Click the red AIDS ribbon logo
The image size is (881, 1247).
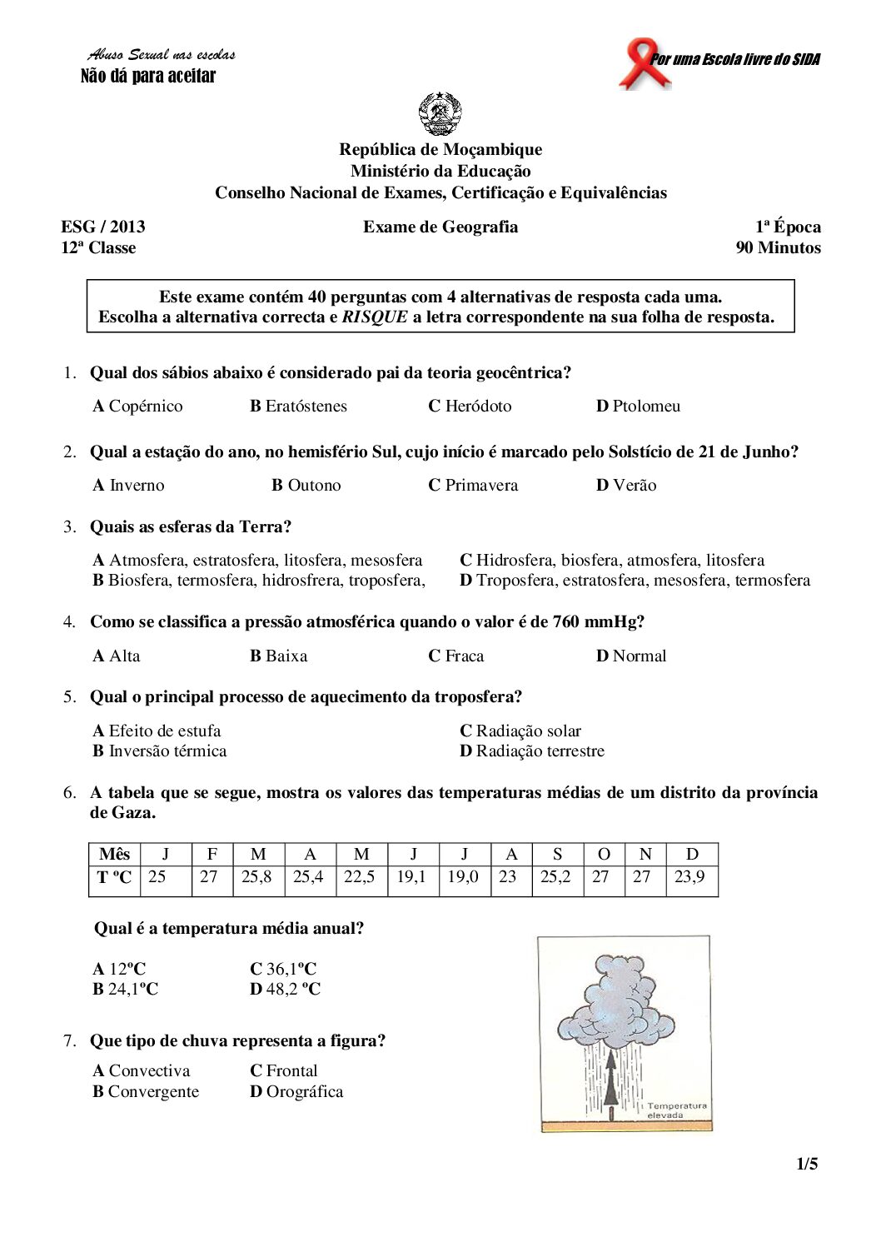point(642,62)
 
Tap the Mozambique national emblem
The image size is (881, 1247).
point(440,114)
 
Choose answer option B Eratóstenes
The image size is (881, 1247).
point(298,407)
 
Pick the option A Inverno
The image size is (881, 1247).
point(128,486)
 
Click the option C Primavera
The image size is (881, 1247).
point(472,486)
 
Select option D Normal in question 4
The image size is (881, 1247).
point(630,656)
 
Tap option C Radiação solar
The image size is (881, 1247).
point(520,731)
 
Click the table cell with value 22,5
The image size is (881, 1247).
point(360,877)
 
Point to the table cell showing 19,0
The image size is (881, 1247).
point(463,877)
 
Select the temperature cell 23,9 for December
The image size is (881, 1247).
point(689,877)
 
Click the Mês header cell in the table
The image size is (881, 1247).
point(114,855)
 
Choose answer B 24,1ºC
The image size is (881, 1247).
point(125,990)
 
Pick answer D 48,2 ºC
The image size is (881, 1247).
point(285,990)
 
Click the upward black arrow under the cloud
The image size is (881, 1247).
point(611,1084)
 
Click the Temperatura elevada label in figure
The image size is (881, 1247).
point(675,1110)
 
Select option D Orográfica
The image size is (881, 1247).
point(296,1092)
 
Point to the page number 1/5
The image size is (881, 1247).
point(807,1165)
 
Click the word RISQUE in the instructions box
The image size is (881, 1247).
point(375,317)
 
